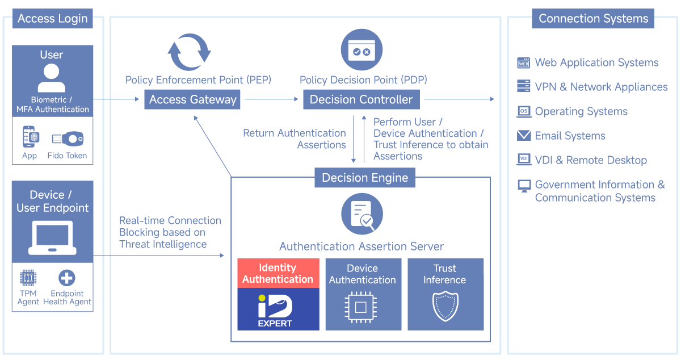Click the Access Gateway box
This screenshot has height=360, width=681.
192,100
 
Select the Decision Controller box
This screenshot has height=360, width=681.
361,100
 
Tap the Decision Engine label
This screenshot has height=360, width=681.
365,178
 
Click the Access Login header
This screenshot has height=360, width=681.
53,19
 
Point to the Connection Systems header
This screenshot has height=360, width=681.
593,18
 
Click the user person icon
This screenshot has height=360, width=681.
52,78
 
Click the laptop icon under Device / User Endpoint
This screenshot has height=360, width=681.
52,238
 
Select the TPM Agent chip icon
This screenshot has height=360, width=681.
28,278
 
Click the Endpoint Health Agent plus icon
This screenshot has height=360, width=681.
67,278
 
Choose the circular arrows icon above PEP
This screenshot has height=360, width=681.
189,52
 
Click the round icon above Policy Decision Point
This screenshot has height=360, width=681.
361,51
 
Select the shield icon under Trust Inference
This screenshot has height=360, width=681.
445,307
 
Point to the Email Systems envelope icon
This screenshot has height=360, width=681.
524,136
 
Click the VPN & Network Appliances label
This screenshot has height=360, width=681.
601,87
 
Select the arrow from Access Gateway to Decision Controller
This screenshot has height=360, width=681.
271,100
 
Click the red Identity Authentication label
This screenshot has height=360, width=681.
278,273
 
